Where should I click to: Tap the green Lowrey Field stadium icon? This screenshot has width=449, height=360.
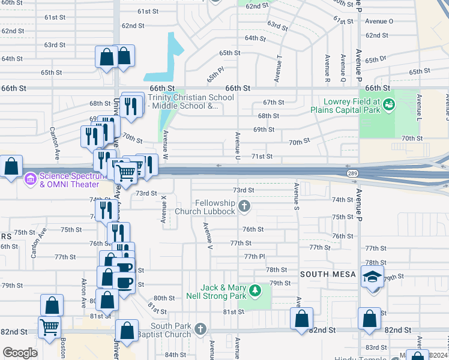(x=389, y=106)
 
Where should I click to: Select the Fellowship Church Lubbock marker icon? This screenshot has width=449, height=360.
(x=244, y=207)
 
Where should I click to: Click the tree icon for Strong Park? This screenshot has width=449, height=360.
(x=256, y=291)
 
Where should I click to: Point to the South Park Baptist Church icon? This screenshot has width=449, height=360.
(x=200, y=329)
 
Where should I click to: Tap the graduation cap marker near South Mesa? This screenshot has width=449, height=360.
(x=372, y=277)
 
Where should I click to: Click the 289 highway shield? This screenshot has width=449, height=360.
(x=353, y=173)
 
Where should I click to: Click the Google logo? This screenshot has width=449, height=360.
(x=20, y=353)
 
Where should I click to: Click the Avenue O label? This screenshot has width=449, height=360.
(x=379, y=21)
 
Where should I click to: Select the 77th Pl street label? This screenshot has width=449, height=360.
(x=255, y=256)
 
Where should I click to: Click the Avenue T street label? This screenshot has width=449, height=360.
(x=278, y=69)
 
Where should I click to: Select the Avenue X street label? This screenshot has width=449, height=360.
(x=163, y=210)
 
